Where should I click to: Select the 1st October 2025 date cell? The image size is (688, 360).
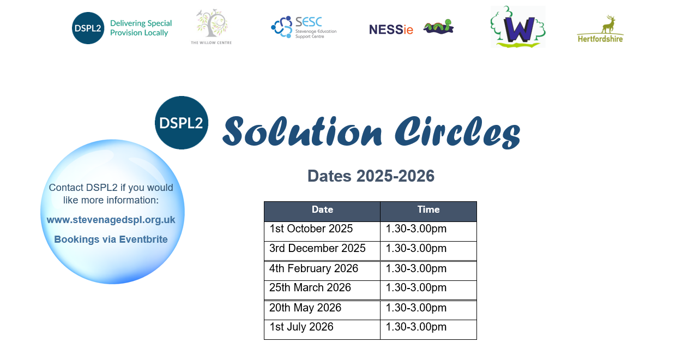[x=322, y=231]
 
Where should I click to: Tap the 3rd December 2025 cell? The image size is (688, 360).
[x=322, y=251]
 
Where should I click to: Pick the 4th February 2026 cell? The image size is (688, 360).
[x=322, y=271]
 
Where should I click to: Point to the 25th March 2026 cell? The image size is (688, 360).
[x=322, y=290]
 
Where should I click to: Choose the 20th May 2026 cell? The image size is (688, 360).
[x=322, y=310]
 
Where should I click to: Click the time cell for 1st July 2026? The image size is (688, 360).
[x=428, y=329]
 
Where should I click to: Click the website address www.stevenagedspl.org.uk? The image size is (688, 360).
[x=111, y=220]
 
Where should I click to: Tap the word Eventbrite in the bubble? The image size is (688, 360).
[x=143, y=239]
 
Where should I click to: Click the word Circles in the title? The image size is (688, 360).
[x=457, y=131]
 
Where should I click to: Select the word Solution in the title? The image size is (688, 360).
[x=302, y=131]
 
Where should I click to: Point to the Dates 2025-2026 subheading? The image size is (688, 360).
[x=371, y=176]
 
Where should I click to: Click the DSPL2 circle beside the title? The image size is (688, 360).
[x=181, y=123]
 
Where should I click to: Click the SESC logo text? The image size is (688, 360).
[x=309, y=22]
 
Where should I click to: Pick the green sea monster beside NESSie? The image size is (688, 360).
[x=439, y=27]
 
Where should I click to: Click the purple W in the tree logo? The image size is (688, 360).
[x=518, y=30]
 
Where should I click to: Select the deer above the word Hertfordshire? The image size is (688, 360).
[x=609, y=25]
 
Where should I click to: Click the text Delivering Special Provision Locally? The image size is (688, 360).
[x=141, y=28]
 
